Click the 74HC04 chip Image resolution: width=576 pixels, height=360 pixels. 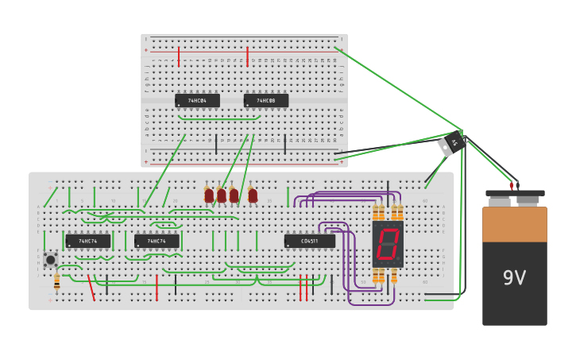click(197, 101)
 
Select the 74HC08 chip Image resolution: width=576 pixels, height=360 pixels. click(265, 101)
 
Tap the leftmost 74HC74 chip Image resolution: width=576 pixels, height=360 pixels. click(87, 241)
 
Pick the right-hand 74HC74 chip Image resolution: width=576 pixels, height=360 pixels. click(157, 241)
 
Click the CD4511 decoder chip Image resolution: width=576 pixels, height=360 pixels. click(309, 241)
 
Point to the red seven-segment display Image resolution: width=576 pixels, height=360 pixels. click(388, 243)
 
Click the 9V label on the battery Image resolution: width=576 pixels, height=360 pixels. click(514, 278)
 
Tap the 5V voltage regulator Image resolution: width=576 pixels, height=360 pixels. click(451, 144)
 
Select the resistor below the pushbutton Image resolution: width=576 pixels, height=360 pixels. click(56, 281)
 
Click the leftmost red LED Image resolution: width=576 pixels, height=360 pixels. click(209, 195)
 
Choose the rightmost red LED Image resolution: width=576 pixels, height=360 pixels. click(253, 195)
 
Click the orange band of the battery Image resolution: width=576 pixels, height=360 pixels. click(514, 224)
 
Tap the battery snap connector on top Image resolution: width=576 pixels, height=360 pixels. click(514, 195)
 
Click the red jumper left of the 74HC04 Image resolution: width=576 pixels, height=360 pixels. click(179, 56)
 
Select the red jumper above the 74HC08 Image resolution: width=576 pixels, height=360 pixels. click(248, 56)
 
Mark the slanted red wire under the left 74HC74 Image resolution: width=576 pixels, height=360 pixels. click(91, 288)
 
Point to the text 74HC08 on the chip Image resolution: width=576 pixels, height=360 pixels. click(266, 101)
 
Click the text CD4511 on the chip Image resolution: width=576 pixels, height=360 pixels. click(309, 241)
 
